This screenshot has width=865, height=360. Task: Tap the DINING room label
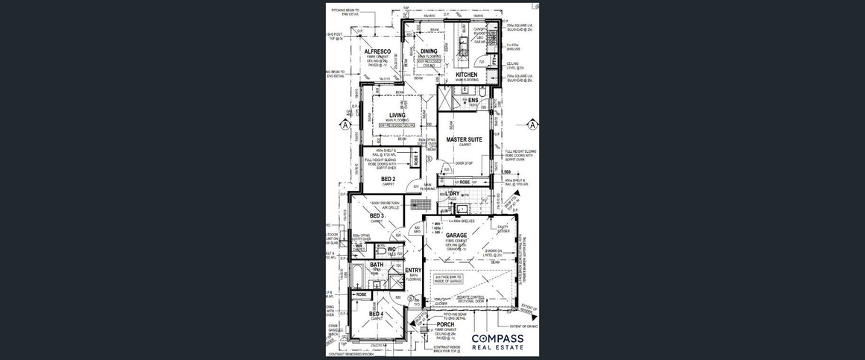pyautogui.click(x=429, y=51)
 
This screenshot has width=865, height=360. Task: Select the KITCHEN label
pyautogui.click(x=466, y=75)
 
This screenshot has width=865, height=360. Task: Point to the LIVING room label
pyautogui.click(x=397, y=115)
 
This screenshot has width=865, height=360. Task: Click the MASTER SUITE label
pyautogui.click(x=464, y=139)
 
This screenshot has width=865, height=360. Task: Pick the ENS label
pyautogui.click(x=473, y=100)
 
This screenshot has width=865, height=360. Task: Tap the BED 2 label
pyautogui.click(x=388, y=179)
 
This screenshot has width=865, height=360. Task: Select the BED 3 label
pyautogui.click(x=377, y=216)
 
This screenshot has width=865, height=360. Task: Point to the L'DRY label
pyautogui.click(x=453, y=194)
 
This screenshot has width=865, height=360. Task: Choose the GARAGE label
pyautogui.click(x=456, y=236)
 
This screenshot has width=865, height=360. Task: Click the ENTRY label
pyautogui.click(x=413, y=271)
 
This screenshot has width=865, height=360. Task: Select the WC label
pyautogui.click(x=391, y=249)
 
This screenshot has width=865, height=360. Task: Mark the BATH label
pyautogui.click(x=376, y=265)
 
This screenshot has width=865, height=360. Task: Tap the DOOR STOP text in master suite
pyautogui.click(x=465, y=162)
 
